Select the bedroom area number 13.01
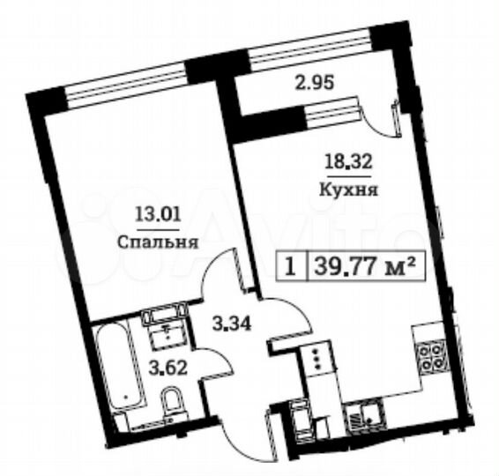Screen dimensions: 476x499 point(153,212)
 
